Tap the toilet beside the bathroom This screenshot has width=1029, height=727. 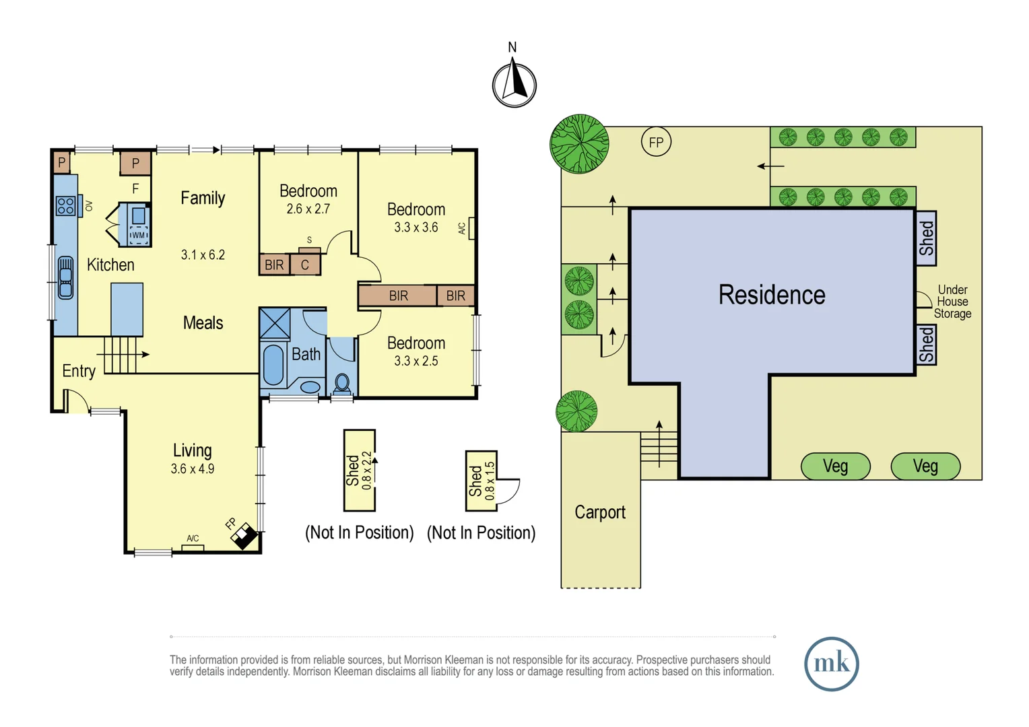(342, 384)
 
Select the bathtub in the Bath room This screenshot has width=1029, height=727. (273, 364)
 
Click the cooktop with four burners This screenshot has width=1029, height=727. (66, 205)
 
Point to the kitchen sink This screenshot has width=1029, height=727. (66, 277)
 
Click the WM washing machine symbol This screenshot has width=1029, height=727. (138, 235)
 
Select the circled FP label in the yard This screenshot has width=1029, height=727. (656, 142)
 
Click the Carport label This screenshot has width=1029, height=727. (600, 512)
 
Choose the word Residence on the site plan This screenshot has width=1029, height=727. (772, 294)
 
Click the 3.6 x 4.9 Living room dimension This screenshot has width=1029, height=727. (193, 469)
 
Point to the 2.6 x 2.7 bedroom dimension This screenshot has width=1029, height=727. (308, 209)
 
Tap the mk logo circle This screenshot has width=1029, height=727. (832, 664)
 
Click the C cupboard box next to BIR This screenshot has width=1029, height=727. (304, 265)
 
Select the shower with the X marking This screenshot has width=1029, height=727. (275, 324)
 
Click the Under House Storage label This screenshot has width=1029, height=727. (952, 302)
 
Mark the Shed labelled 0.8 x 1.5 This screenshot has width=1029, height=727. (481, 481)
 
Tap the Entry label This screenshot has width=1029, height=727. (79, 371)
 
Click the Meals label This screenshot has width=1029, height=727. (203, 323)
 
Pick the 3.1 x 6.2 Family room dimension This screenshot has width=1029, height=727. (203, 255)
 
